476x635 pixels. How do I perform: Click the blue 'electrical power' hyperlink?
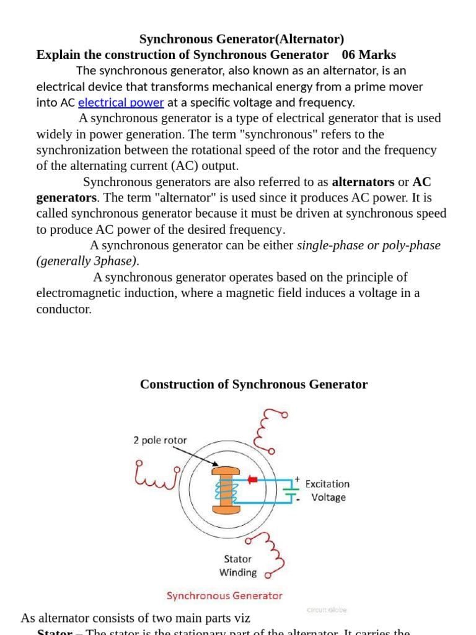[121, 102]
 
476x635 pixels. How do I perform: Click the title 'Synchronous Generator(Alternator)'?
[242, 39]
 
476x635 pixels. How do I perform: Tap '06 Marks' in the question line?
[369, 55]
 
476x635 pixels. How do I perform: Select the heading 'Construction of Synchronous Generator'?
[253, 384]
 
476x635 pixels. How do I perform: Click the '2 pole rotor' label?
[160, 440]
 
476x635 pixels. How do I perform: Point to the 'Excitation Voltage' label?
[327, 491]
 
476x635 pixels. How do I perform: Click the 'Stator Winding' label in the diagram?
[238, 566]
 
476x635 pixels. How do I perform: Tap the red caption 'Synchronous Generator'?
[224, 595]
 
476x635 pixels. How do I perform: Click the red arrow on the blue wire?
[252, 479]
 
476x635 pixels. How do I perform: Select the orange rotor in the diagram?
[226, 491]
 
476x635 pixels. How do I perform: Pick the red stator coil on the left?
[156, 476]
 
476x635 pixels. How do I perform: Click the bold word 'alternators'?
[363, 182]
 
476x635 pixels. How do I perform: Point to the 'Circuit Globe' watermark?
[327, 610]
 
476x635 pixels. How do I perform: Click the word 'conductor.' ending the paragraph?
[64, 309]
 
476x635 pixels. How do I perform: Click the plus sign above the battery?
[297, 479]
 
